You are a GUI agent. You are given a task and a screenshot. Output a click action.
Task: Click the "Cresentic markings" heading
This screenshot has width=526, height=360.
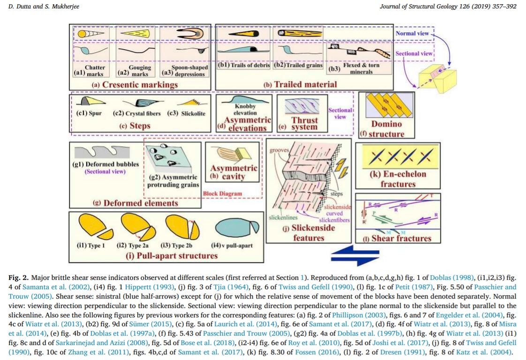(140, 84)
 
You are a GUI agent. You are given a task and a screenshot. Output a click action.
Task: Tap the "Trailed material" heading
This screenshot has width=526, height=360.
(305, 84)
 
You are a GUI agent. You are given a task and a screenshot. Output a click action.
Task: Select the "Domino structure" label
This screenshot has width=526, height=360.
(386, 129)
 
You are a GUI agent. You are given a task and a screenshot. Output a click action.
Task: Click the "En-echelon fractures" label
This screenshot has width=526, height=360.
(398, 179)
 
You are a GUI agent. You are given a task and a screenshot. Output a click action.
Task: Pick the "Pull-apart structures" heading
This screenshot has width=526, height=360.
(176, 255)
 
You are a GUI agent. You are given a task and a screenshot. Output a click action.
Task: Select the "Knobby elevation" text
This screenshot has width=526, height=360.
(245, 109)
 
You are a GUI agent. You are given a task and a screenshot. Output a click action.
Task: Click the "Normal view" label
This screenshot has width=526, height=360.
(412, 33)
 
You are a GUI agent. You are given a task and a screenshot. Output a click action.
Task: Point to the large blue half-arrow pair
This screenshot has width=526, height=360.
(355, 255)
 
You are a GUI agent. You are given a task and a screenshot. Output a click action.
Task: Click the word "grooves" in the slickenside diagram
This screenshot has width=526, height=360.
(279, 150)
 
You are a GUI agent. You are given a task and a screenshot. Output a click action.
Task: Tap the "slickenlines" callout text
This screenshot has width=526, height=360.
(283, 217)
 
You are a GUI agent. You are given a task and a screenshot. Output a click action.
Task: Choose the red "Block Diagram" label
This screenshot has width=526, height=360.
(222, 194)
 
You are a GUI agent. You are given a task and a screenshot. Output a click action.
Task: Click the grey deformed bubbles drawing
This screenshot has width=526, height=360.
(102, 152)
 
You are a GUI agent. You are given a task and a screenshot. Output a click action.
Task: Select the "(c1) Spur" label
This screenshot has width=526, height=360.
(89, 113)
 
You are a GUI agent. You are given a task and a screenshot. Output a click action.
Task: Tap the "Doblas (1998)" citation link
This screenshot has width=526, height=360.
(451, 277)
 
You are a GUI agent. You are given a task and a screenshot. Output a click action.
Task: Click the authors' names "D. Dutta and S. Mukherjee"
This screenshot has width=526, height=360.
(44, 7)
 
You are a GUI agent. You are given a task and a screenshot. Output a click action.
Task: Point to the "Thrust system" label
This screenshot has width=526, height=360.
(304, 123)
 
